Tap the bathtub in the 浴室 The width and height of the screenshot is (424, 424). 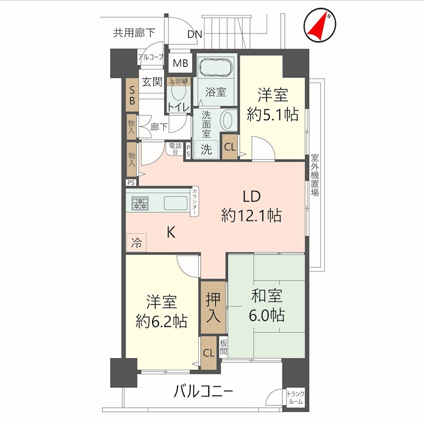[215, 69]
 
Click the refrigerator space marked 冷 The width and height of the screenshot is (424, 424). [137, 243]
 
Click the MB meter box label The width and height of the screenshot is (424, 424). [181, 64]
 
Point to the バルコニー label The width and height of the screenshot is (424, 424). [204, 393]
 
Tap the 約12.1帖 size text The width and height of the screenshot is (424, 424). [251, 215]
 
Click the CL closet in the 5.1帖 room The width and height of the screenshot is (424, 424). [229, 148]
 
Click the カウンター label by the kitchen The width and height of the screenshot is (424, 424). [196, 202]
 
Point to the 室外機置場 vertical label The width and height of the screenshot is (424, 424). [314, 175]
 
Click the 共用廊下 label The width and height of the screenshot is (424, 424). [134, 33]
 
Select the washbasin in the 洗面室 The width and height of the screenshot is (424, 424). [228, 121]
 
